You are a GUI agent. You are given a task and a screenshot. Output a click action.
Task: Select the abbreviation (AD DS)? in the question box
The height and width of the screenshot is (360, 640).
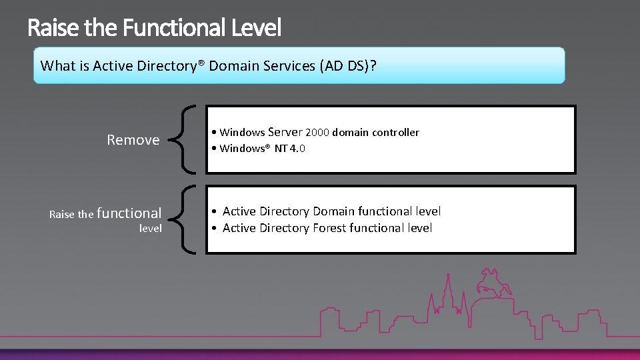(348, 66)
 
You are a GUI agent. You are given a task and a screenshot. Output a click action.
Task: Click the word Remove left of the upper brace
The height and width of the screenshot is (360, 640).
(133, 140)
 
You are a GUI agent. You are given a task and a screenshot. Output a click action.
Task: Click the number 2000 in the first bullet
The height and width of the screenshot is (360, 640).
(317, 133)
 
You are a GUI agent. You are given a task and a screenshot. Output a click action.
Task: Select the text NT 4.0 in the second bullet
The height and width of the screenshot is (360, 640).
(290, 149)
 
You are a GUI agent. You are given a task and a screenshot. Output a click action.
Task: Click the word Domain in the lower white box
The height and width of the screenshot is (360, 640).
(334, 211)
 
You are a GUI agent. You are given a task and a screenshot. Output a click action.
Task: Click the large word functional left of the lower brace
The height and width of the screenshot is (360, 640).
(129, 213)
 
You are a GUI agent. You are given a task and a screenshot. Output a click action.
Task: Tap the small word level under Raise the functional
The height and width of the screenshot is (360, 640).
(150, 228)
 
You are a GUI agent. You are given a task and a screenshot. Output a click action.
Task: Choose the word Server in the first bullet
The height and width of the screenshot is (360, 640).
(285, 132)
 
